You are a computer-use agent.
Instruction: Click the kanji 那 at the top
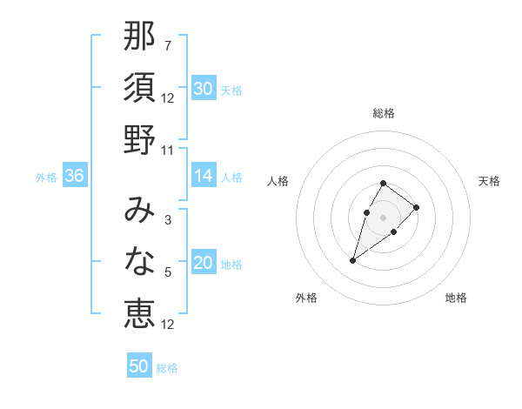coord(139,37)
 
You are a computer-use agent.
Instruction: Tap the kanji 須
coord(139,88)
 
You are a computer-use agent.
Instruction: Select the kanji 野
coord(139,139)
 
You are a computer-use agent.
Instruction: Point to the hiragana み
coord(139,210)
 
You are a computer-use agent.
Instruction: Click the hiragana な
coord(139,261)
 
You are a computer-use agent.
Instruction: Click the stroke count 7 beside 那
coord(168,46)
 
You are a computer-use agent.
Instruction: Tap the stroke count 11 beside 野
coord(168,150)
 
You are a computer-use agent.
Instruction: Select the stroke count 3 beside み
coord(168,220)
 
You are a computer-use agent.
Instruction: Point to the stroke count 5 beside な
coord(168,272)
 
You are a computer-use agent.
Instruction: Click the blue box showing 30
coord(203,89)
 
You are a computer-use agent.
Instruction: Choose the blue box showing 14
coord(203,176)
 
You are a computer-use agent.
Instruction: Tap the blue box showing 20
coord(203,264)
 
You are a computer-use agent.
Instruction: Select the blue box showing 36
coord(75,176)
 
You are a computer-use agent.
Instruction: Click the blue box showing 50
coord(139,366)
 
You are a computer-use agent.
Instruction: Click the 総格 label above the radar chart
coord(384,113)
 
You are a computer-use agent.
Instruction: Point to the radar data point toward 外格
coord(353,260)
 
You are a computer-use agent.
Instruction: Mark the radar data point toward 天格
coord(417,207)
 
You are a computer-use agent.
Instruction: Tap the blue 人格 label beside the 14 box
coord(231,177)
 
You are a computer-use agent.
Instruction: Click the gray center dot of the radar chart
coord(384,217)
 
